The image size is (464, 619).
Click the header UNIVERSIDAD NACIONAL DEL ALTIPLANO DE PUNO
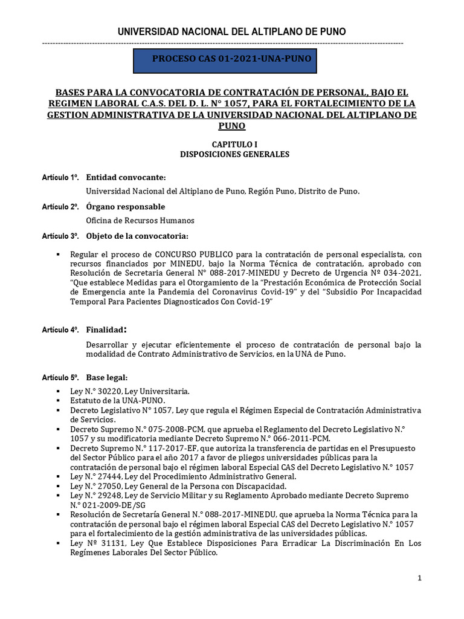click(231, 31)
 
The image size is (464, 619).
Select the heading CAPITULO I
click(234, 144)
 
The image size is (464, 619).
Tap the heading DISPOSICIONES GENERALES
click(234, 154)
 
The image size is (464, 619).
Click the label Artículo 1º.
click(60, 178)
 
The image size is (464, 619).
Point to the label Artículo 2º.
click(60, 207)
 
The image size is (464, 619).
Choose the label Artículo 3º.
click(60, 236)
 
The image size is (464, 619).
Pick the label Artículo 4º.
click(60, 330)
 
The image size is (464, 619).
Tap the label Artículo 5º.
click(60, 378)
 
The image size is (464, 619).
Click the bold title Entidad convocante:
click(125, 177)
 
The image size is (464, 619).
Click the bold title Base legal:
click(107, 378)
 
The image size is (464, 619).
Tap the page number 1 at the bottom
click(419, 578)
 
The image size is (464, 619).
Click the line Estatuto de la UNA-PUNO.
click(118, 401)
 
